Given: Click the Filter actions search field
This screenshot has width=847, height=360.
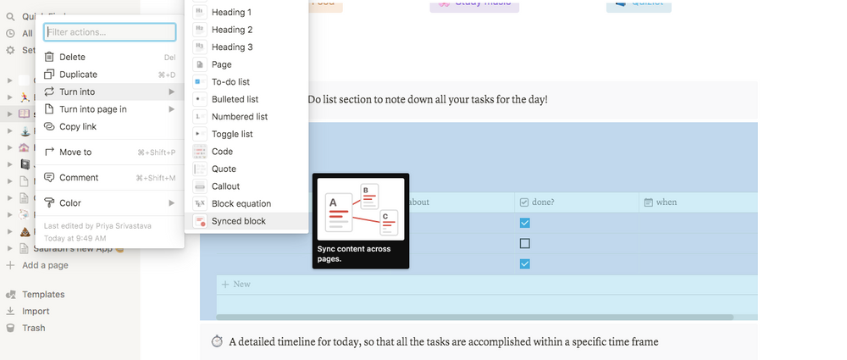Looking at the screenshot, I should [x=109, y=32].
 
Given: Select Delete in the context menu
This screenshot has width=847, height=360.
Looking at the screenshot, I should [x=72, y=58].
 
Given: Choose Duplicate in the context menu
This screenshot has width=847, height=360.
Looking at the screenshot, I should [x=78, y=75].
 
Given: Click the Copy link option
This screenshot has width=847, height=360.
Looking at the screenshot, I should [x=78, y=126].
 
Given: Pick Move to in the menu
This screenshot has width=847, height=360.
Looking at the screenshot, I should [x=75, y=152].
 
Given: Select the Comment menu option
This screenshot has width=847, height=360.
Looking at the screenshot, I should [x=79, y=178].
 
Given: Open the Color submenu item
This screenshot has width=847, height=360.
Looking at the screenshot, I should [x=70, y=203].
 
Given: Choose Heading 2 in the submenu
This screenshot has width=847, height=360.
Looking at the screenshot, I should [x=232, y=30].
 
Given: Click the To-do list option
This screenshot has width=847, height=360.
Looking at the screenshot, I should [x=231, y=82].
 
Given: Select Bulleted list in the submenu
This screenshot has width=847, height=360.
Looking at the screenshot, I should [x=235, y=99].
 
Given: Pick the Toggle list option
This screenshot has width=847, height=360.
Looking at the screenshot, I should [x=232, y=134].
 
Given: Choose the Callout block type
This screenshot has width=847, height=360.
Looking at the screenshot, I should [x=225, y=186].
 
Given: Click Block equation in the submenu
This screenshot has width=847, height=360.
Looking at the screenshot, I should [x=241, y=203].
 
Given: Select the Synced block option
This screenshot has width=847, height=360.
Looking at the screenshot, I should [x=238, y=221].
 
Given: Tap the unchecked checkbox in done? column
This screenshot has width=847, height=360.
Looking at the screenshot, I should [x=524, y=243].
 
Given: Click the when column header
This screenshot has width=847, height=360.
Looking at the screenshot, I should [x=666, y=202].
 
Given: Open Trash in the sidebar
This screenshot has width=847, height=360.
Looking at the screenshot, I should [x=34, y=328].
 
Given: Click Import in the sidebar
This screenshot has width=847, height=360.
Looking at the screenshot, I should [x=36, y=311].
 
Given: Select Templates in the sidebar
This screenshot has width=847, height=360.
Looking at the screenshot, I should [x=43, y=295].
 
